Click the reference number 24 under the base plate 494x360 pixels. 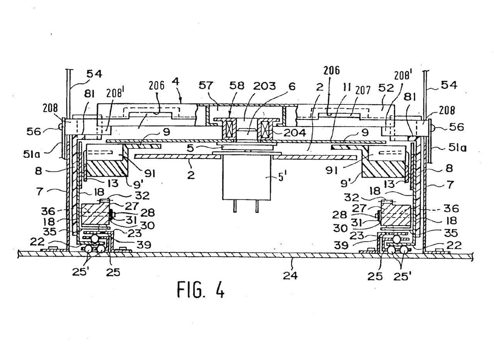point(290,276)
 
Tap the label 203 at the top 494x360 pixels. point(264,86)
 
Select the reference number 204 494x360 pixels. point(294,133)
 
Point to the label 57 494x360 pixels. point(206,85)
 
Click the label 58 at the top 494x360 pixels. point(237,86)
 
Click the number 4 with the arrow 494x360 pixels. point(176,82)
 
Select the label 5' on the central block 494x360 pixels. point(282,177)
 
